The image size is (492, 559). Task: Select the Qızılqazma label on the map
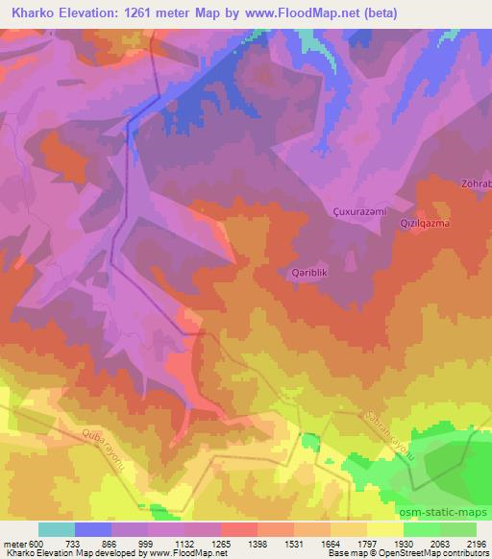click(x=425, y=223)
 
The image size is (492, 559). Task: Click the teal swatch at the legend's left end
click(x=56, y=529)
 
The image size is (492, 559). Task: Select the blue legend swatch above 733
click(x=93, y=529)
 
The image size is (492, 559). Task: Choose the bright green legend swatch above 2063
click(x=422, y=529)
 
